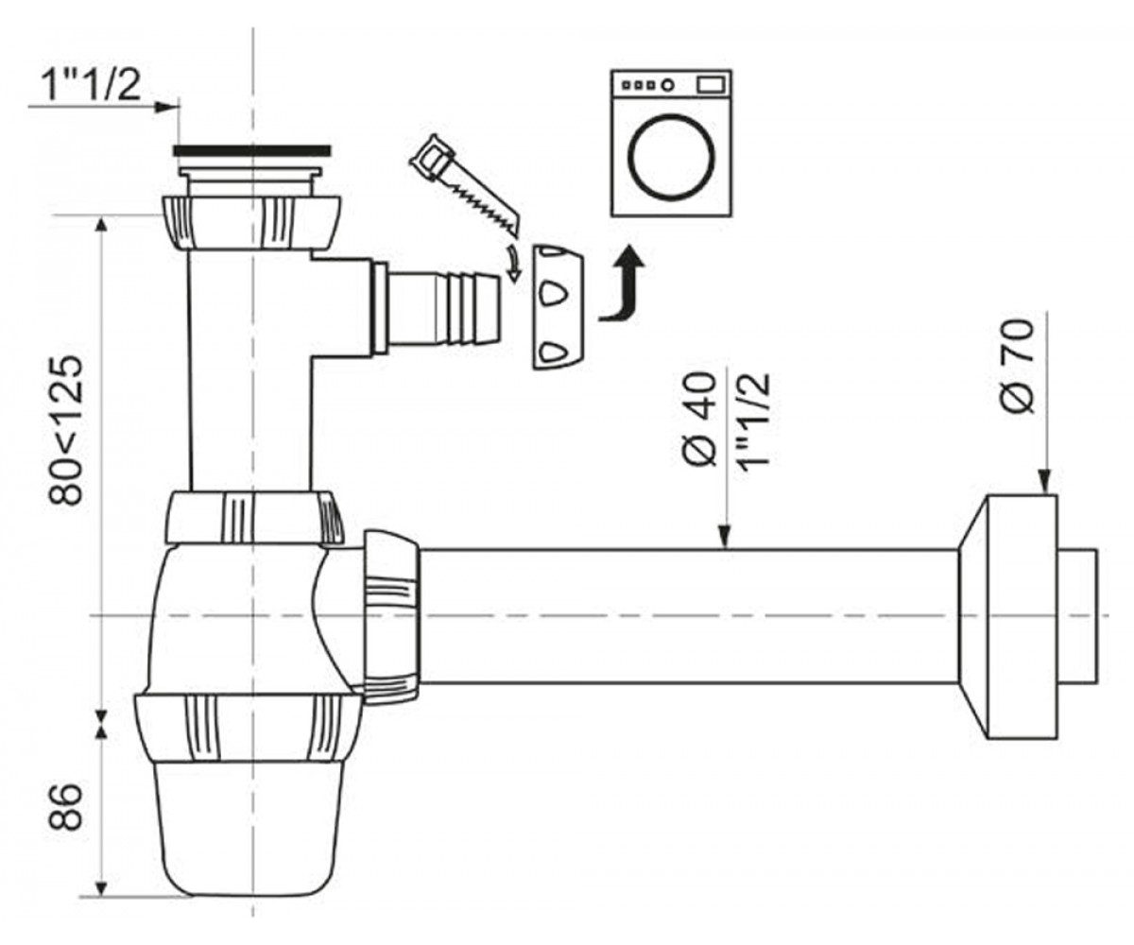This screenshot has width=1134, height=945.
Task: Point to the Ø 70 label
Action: (1016, 366)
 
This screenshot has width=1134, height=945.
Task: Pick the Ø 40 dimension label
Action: (700, 419)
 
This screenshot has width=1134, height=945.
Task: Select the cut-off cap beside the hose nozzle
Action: (558, 307)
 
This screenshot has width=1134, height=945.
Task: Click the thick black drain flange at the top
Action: (251, 150)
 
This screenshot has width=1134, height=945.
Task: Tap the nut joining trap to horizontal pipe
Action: (391, 616)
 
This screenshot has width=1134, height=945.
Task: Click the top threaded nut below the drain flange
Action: (251, 223)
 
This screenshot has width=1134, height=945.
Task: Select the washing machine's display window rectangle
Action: (711, 85)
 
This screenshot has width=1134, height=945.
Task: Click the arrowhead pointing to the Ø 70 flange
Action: (1045, 483)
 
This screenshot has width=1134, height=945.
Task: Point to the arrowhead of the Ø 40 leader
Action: (724, 538)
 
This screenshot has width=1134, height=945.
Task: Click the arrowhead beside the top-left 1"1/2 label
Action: (166, 107)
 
